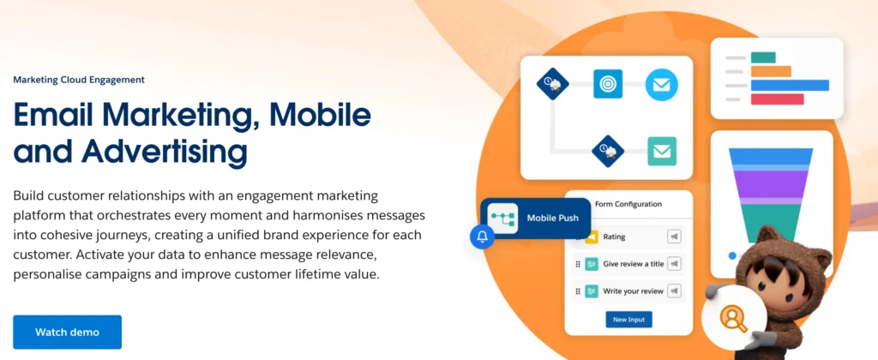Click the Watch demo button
pos(67,332)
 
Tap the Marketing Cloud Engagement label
pos(79,80)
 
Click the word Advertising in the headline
pos(164,151)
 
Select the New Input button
pos(628,320)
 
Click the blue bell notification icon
pos(482,237)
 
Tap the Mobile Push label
pos(553,219)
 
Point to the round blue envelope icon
pos(661,85)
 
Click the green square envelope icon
pos(662,151)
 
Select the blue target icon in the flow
pos(608,84)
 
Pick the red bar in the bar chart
pos(777,99)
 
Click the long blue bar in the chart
pos(790,85)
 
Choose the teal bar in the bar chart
pos(763,57)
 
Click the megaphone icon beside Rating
pos(674,237)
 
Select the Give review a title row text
pos(633,264)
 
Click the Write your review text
pos(633,291)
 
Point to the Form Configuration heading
pos(628,204)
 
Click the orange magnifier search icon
pos(732,318)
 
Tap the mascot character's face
pos(782,279)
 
